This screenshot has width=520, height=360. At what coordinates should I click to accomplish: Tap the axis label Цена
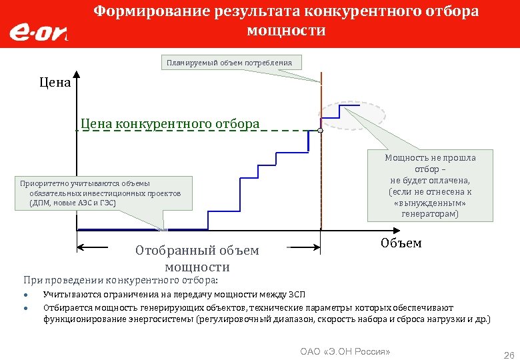[55, 84]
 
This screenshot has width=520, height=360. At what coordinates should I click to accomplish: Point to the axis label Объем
[401, 243]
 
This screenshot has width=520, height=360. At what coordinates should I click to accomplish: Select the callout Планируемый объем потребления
[230, 63]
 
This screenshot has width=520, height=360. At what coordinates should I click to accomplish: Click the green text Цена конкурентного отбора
[170, 123]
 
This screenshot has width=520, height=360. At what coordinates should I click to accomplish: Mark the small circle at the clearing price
[320, 131]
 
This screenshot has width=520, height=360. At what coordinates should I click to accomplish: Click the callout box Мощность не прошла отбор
[430, 186]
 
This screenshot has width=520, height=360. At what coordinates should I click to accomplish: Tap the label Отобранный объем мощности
[197, 259]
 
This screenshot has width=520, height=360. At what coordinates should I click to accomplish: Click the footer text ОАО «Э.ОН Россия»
[345, 351]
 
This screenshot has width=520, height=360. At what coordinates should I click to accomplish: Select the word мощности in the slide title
[286, 31]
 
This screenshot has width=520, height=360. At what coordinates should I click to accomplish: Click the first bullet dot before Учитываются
[25, 295]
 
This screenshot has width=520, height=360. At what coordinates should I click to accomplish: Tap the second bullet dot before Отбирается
[25, 308]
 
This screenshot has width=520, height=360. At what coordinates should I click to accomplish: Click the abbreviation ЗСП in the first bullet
[297, 294]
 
